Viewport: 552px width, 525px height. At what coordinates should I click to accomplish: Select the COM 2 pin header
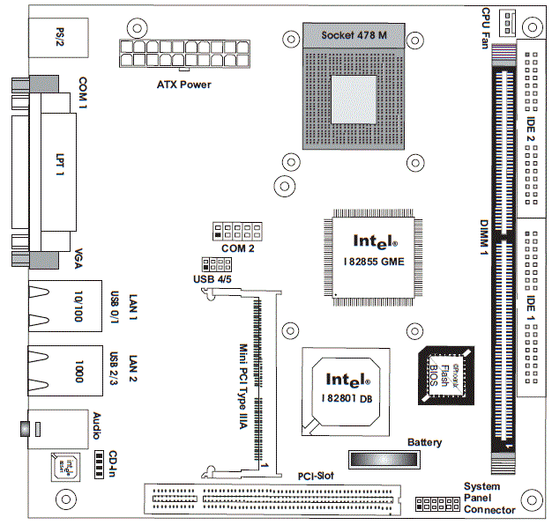point(237,232)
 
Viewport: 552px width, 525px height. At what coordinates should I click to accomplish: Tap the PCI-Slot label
point(315,477)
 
